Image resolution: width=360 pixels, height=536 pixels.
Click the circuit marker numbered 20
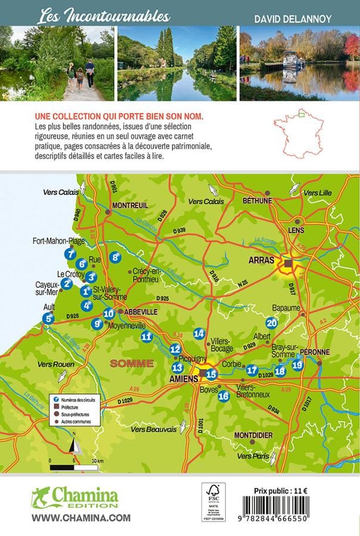coord(272,323)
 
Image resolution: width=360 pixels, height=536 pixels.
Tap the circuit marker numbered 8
coord(116,258)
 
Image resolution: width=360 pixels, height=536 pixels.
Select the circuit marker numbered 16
coord(224,396)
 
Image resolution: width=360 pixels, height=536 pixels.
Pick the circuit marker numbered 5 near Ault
coord(48,319)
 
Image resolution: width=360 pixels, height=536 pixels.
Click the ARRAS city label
coord(261,260)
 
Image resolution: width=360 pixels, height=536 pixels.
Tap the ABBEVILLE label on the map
coord(141,311)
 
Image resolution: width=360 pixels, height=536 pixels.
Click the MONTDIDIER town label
coord(253,435)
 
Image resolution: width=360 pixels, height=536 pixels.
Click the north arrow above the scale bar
coord(73,444)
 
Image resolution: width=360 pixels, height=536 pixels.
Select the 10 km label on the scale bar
coord(97,461)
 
